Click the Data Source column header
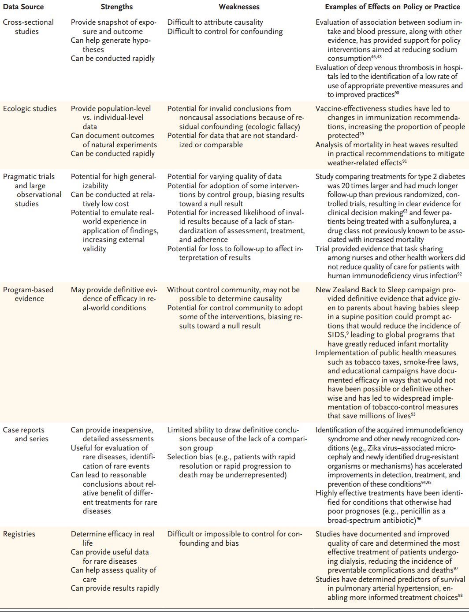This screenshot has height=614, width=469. [23, 7]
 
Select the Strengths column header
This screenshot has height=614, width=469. [116, 7]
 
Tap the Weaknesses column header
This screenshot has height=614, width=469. [239, 7]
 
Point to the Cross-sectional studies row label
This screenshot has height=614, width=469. [28, 26]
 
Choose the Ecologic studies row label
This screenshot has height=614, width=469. [30, 108]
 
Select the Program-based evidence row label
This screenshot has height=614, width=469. [28, 294]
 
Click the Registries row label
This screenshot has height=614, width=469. [19, 534]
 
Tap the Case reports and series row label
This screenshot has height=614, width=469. [26, 434]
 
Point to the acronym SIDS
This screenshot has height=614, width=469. [336, 335]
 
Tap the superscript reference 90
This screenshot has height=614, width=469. [397, 93]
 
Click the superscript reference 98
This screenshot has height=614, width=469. [460, 595]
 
